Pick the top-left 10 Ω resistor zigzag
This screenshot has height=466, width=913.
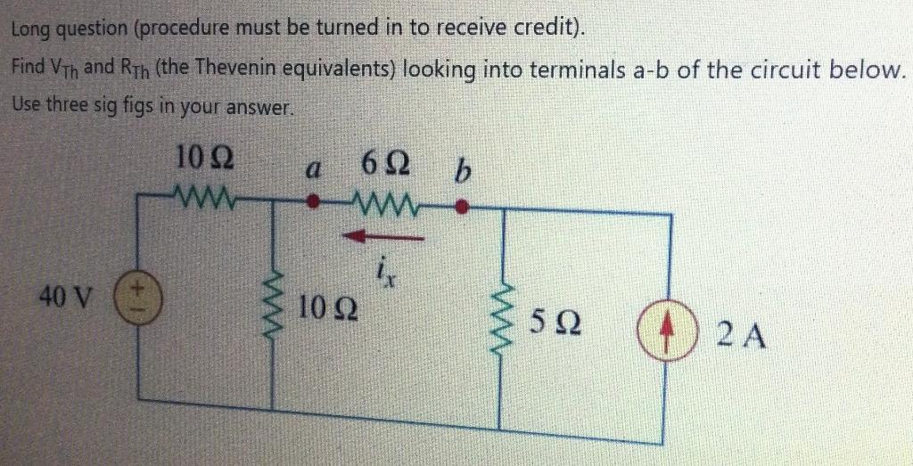pyautogui.click(x=204, y=192)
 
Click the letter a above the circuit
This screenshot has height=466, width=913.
pyautogui.click(x=310, y=168)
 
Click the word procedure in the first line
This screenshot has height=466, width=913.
pyautogui.click(x=185, y=29)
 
